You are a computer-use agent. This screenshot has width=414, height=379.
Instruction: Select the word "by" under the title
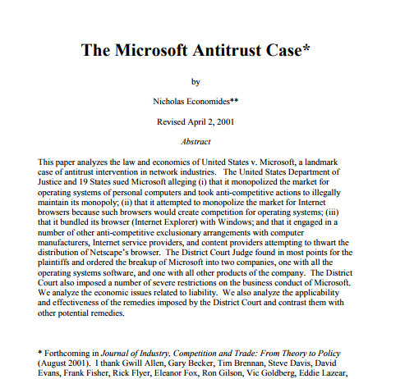pos(195,82)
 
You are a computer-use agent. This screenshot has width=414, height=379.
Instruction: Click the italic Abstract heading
pos(195,141)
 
